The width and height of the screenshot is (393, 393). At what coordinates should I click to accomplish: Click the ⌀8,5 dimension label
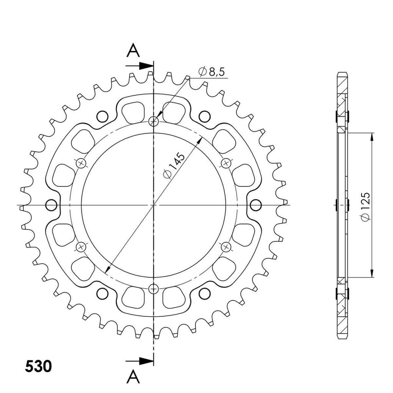[x=211, y=72]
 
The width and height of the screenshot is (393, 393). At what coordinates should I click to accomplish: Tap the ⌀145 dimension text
[x=174, y=166]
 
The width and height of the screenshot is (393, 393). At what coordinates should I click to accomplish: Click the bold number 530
[x=38, y=367]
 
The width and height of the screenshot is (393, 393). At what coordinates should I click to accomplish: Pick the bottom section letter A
[x=133, y=377]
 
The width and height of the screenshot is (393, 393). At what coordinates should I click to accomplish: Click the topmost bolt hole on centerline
[x=154, y=122]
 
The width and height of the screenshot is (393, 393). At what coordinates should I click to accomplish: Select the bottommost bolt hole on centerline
[x=154, y=289]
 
